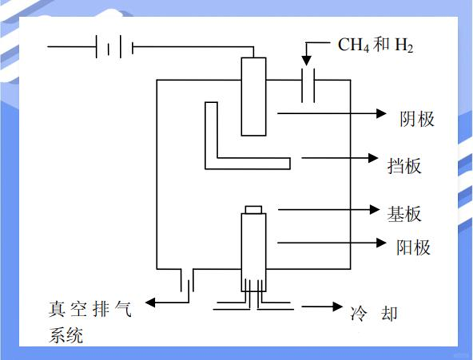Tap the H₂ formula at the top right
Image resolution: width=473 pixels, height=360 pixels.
click(404, 45)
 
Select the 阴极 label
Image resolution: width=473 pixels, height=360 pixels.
click(417, 119)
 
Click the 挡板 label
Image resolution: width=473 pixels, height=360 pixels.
click(404, 166)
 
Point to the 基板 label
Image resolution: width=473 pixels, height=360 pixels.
click(404, 214)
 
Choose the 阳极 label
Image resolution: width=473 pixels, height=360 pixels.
click(413, 247)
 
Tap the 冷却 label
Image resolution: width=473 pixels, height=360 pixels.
click(374, 314)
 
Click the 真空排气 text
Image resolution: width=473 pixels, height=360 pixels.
click(90, 309)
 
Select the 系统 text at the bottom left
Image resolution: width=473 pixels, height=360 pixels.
click(66, 335)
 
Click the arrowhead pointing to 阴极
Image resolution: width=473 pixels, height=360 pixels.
click(381, 114)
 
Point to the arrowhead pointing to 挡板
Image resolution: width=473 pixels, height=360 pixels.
click(373, 158)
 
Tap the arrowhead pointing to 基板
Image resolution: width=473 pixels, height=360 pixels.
click(374, 210)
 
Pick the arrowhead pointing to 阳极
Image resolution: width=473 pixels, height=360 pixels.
click(381, 243)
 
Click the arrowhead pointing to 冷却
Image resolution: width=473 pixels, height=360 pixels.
click(337, 306)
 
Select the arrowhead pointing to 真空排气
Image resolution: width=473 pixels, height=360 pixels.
click(150, 303)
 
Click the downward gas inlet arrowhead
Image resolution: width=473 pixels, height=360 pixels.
click(306, 61)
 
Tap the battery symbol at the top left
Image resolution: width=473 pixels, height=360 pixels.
click(115, 46)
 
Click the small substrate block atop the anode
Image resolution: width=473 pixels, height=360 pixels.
click(253, 210)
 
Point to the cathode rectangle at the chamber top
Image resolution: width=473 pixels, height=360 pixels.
click(254, 96)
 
